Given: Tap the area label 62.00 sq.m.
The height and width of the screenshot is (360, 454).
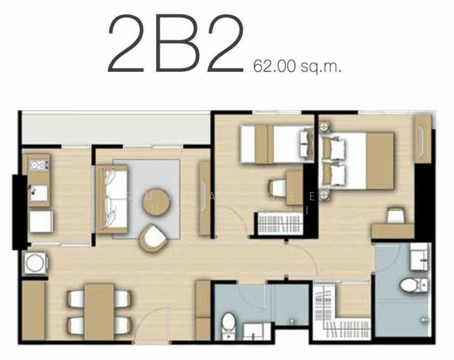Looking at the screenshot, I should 297,65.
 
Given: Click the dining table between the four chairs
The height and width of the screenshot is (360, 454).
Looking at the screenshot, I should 99,311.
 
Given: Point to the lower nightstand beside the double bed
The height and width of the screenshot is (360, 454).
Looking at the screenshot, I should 324,194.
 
